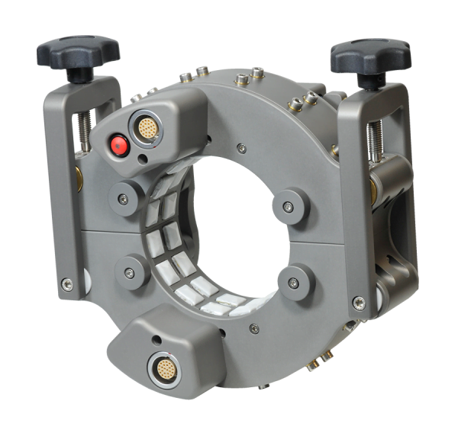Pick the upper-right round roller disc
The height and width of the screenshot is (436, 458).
click(x=289, y=204)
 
